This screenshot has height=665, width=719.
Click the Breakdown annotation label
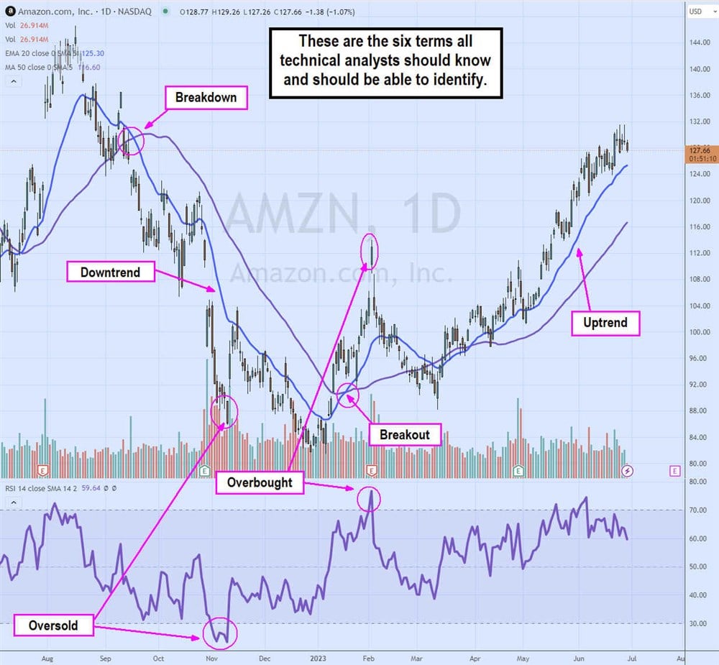click(206, 98)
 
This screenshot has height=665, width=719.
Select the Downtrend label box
click(110, 272)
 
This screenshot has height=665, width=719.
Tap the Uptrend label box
click(605, 323)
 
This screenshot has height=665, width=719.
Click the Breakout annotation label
click(405, 434)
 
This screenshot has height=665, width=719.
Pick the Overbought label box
click(260, 482)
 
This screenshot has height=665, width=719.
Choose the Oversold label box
click(52, 625)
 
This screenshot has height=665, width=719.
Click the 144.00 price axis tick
click(699, 43)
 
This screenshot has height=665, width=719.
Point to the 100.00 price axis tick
click(699, 332)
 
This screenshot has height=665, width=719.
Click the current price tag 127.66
click(700, 150)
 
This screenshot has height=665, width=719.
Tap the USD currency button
click(695, 12)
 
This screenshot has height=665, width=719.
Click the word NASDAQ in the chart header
click(129, 12)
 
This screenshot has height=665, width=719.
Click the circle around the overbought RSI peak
click(370, 499)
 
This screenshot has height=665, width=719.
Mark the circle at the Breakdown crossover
click(132, 140)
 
